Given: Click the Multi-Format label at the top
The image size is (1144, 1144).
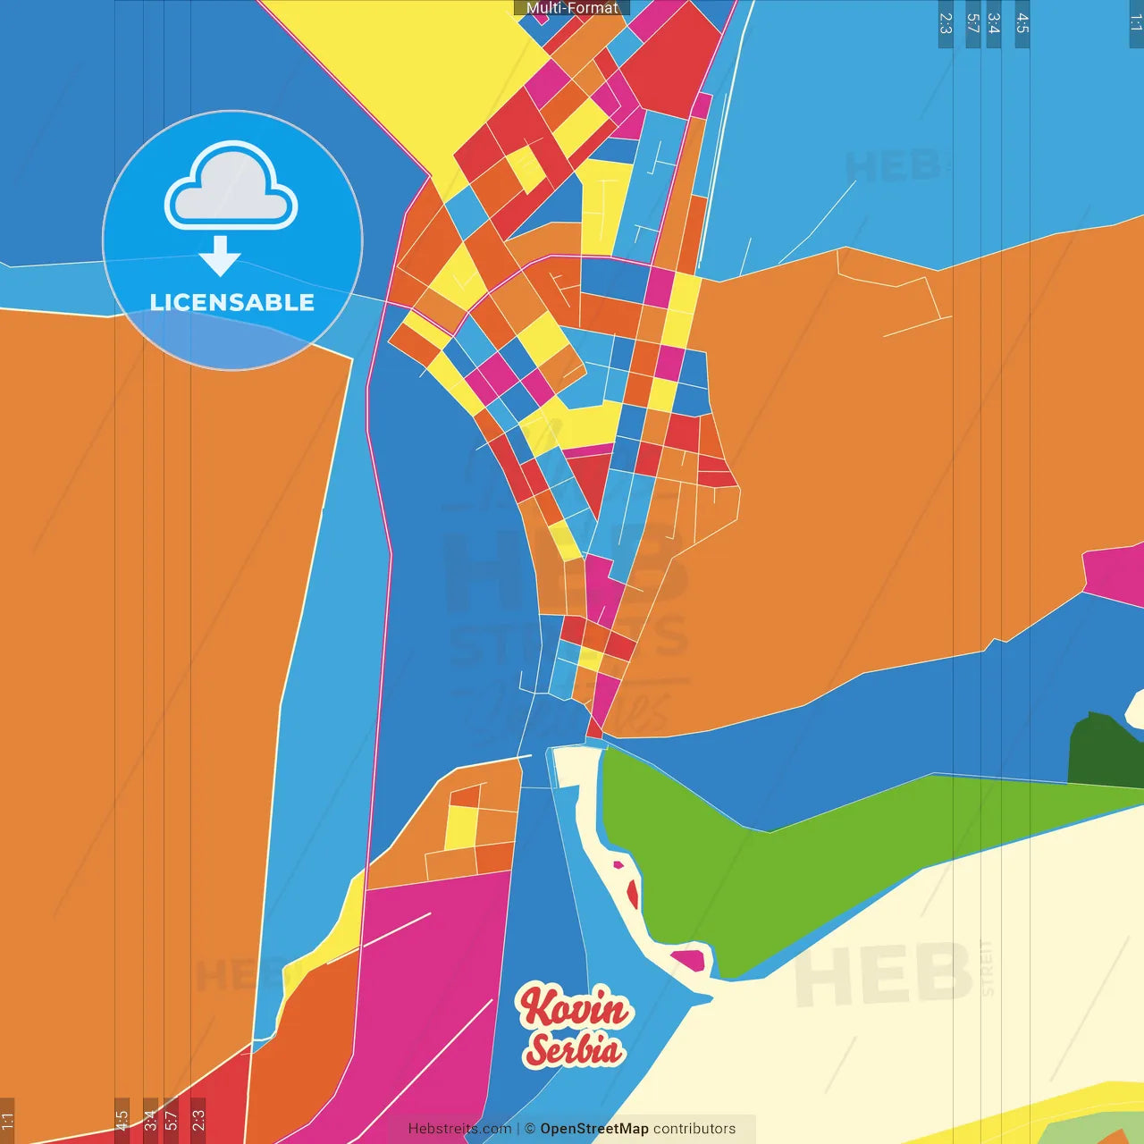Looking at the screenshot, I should tap(572, 8).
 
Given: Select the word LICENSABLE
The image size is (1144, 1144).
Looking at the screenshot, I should tap(232, 303).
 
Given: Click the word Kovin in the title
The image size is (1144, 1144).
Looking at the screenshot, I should tap(574, 1007).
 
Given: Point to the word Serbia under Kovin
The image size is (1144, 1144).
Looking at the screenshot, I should tap(574, 1048).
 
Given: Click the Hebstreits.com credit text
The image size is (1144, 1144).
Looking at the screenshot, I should tap(459, 1129).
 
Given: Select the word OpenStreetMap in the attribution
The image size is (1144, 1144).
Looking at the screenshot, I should tap(594, 1129).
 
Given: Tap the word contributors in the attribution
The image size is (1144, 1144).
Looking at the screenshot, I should tap(694, 1129).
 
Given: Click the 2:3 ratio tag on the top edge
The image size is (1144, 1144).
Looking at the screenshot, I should tap(946, 23).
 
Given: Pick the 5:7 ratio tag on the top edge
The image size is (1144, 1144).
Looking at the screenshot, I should tap(973, 23).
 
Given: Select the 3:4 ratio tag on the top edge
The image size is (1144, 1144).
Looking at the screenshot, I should tap(994, 23).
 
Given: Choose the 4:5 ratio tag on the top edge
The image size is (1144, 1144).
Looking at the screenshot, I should tap(1022, 23).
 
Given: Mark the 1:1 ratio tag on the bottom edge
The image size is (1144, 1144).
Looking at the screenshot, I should tap(7, 1121).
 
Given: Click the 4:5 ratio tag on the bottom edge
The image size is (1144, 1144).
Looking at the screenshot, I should tap(122, 1121).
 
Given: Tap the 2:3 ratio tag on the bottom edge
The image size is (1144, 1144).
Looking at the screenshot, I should tap(198, 1121).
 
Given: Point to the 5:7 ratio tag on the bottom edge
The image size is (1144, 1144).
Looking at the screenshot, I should tap(171, 1121).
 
